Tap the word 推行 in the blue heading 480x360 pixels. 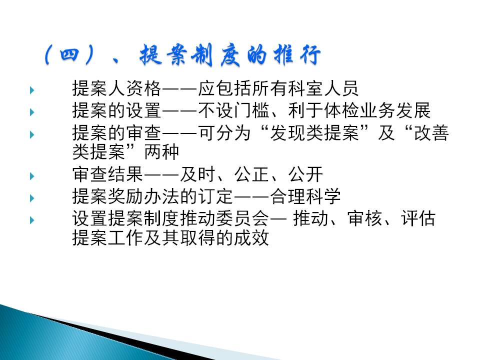(297, 55)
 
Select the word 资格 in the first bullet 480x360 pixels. (143, 88)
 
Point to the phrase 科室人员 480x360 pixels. (322, 88)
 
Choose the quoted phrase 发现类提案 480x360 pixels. (314, 133)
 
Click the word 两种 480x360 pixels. (161, 152)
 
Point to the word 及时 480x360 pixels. (197, 174)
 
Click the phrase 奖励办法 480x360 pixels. (143, 196)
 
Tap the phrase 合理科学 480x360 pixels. (305, 196)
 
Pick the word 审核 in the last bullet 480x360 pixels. (365, 219)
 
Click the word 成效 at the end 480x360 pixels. (251, 238)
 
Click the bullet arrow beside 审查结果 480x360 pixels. (32, 176)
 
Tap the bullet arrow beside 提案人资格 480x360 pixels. (32, 90)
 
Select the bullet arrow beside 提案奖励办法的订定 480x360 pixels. (32, 198)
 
